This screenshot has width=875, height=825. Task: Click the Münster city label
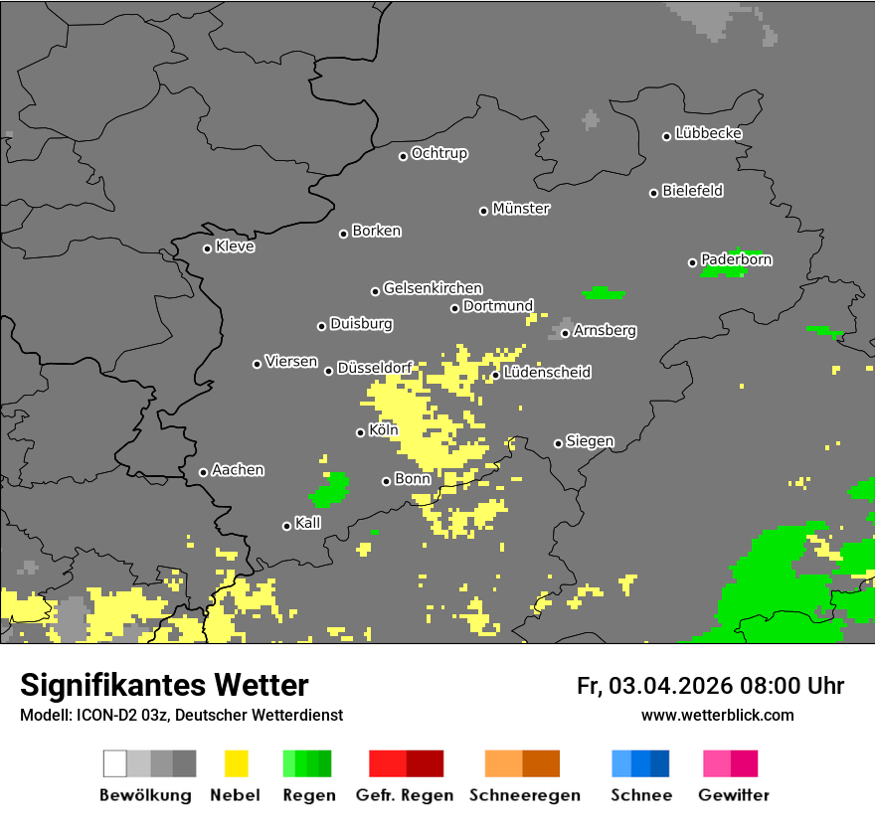[x=521, y=209]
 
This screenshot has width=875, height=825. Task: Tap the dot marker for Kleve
[x=207, y=248]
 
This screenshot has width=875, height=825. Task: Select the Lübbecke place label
[x=708, y=133]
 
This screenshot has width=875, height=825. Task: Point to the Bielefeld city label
[x=692, y=191]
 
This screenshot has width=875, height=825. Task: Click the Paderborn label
[x=736, y=259]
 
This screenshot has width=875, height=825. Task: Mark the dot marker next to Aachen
[x=203, y=472]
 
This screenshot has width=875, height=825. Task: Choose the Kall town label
[x=307, y=523]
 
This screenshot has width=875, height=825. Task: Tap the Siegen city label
[x=590, y=441]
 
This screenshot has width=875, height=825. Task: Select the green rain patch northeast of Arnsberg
[x=603, y=293]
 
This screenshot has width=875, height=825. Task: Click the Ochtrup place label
[x=439, y=154]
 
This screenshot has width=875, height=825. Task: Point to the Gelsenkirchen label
[x=433, y=288]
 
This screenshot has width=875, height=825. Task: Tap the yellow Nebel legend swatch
[x=235, y=763]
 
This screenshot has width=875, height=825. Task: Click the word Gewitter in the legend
[x=733, y=795]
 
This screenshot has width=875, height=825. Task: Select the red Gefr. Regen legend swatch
[x=406, y=763]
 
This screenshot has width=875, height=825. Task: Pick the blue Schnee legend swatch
[x=640, y=763]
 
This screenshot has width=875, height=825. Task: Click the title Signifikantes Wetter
[x=164, y=685]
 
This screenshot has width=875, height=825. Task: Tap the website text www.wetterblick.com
[x=717, y=715]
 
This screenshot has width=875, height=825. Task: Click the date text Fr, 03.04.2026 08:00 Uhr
[x=710, y=686]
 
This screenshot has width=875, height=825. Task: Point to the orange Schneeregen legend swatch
[x=522, y=763]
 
